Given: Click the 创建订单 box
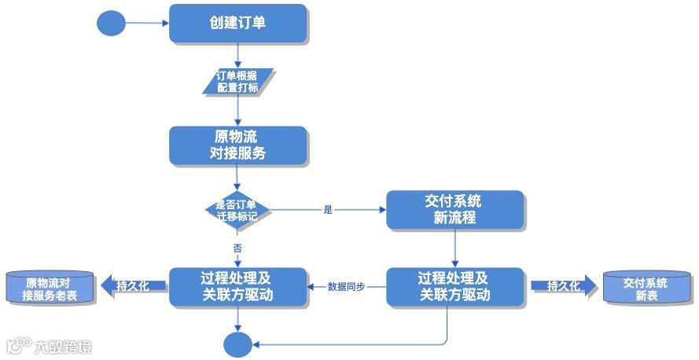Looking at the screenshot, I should click(237, 23).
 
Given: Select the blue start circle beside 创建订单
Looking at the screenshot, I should click(111, 23).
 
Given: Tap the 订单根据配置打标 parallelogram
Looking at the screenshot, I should click(237, 81).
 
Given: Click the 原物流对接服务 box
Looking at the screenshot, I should click(237, 145).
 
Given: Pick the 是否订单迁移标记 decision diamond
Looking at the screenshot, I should click(237, 209).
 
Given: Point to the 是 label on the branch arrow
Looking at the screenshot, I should click(328, 210).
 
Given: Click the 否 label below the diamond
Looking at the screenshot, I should click(237, 248).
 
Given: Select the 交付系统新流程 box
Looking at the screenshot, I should click(454, 209).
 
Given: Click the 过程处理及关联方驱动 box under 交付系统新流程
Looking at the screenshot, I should click(454, 286).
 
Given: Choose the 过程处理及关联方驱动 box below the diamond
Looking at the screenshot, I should click(237, 286).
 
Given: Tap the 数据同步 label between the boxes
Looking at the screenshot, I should click(346, 286).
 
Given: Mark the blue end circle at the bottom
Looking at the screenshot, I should click(237, 344).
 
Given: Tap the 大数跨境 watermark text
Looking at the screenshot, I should click(64, 345).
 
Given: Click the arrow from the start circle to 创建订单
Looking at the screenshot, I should click(147, 23).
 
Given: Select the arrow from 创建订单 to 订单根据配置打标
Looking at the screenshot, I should click(237, 55).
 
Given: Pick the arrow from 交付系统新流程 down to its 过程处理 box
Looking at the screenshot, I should click(454, 248).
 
